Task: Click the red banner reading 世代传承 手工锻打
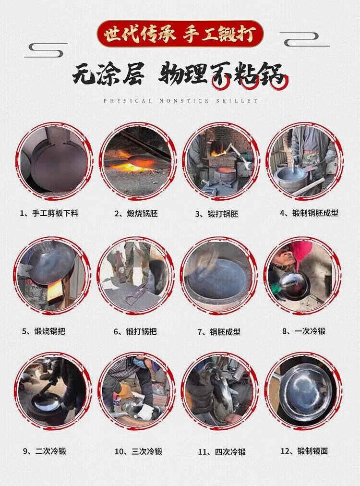coord(180,34)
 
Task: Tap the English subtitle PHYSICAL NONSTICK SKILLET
coord(180,101)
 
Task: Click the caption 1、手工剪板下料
coord(49,213)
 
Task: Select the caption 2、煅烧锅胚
coord(136,214)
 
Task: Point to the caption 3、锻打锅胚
coord(216,214)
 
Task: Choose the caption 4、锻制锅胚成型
coord(309,213)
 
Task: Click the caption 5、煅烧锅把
coord(43,331)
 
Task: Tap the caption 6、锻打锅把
coord(135,331)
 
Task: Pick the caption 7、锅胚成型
coord(219,332)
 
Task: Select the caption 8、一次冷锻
coord(304,331)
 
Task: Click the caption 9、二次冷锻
coord(45,451)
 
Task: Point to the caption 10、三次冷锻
coord(139,451)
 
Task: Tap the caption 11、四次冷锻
coord(222,452)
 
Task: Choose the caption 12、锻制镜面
coord(304,451)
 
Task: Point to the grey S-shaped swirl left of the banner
coord(46,50)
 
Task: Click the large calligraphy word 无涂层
coord(108,74)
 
